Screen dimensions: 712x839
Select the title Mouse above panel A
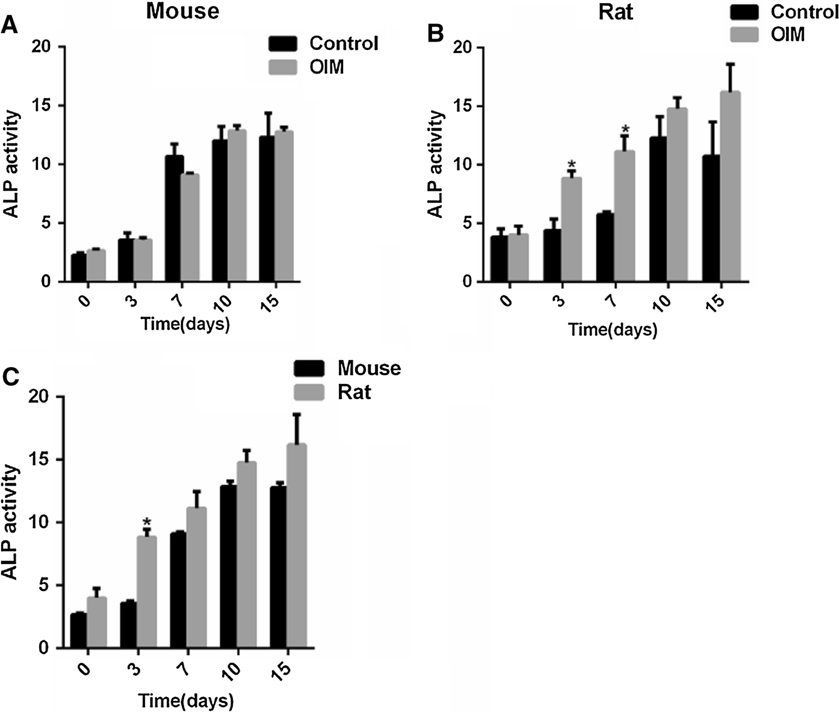pyautogui.click(x=183, y=11)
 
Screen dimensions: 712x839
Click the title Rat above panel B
pyautogui.click(x=616, y=12)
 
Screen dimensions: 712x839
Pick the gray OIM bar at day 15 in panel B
pyautogui.click(x=730, y=187)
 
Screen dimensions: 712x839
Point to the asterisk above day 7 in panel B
pyautogui.click(x=625, y=129)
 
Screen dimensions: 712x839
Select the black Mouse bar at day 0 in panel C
pyautogui.click(x=78, y=630)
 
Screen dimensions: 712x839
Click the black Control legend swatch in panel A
pyautogui.click(x=283, y=44)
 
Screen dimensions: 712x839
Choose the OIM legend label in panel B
pyautogui.click(x=787, y=34)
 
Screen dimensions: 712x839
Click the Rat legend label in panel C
pyautogui.click(x=354, y=392)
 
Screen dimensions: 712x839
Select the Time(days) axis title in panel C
pyautogui.click(x=186, y=701)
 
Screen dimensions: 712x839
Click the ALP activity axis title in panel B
pyautogui.click(x=435, y=164)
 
